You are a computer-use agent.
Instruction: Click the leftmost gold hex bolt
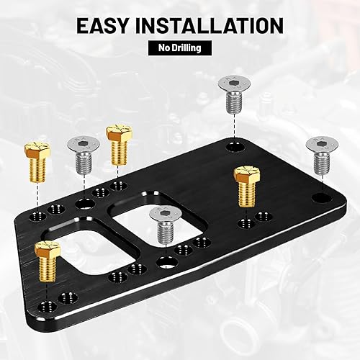[x=35, y=155]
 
